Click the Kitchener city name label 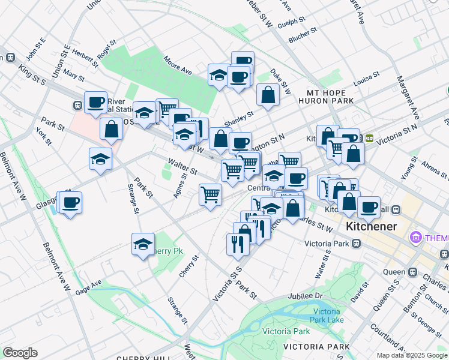click(x=370, y=227)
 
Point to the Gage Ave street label click(x=88, y=286)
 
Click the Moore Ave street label click(x=177, y=65)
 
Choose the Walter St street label click(x=182, y=166)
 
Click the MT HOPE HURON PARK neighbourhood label click(x=330, y=97)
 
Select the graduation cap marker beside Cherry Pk click(x=143, y=244)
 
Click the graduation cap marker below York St click(x=101, y=159)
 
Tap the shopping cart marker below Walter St click(x=210, y=194)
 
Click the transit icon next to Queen click(x=413, y=271)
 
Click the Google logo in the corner click(x=20, y=353)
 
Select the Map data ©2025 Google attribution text click(x=411, y=355)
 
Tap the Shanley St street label click(x=239, y=119)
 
